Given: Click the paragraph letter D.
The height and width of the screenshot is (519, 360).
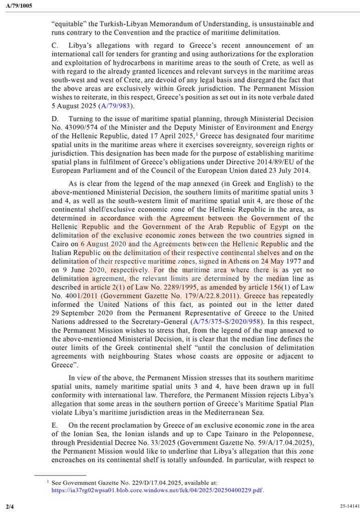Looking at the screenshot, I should [x=54, y=119].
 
